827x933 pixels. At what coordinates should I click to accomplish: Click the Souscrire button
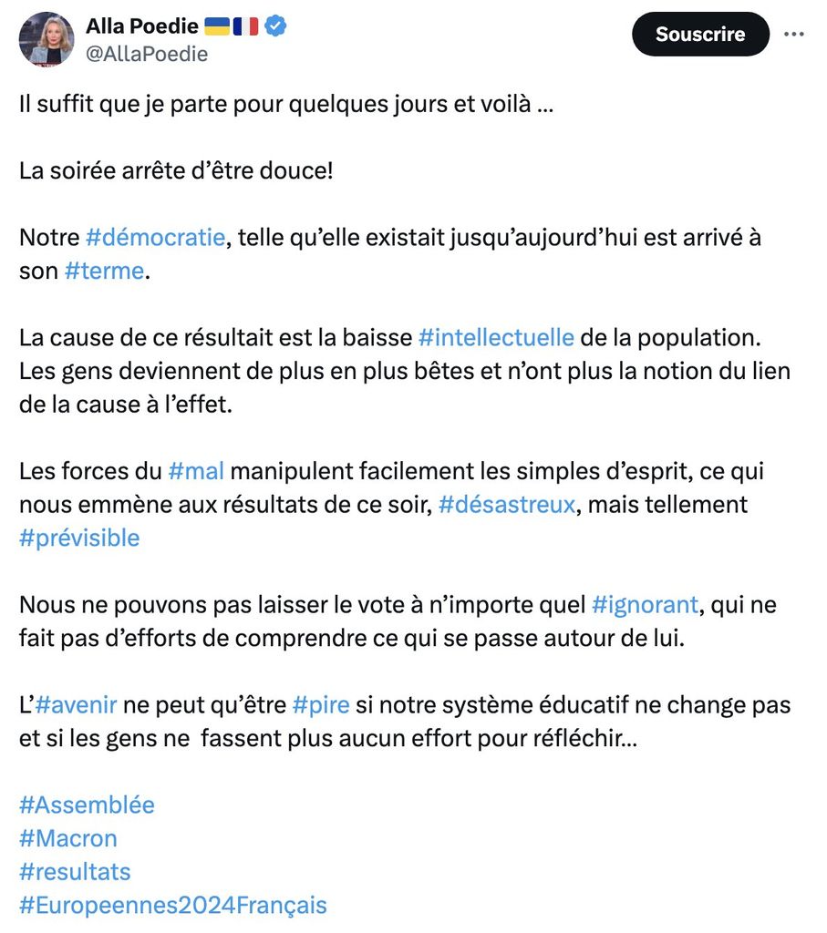700,35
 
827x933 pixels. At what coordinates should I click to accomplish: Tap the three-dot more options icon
794,35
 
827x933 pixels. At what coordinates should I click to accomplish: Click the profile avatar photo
46,39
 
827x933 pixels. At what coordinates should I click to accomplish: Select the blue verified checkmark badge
276,26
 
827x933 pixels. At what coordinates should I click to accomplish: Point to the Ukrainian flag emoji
217,26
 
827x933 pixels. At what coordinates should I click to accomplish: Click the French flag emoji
246,26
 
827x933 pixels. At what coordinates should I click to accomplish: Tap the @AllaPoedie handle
147,55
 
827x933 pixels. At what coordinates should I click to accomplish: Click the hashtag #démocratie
155,238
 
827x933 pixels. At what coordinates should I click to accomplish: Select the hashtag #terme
104,271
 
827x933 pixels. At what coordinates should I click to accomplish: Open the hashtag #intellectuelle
496,337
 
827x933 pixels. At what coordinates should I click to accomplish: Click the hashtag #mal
196,471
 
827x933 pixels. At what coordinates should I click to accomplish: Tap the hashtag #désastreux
507,504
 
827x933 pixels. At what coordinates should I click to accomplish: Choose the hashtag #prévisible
79,538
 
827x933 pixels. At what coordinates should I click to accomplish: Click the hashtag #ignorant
645,604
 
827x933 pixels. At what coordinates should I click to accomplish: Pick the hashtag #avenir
77,704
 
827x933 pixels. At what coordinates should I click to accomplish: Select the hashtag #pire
321,704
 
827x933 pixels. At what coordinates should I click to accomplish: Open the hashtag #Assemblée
87,805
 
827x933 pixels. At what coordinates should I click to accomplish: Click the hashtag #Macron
68,838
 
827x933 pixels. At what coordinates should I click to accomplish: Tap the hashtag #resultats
75,872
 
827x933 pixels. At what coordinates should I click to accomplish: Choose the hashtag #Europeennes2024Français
172,905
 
